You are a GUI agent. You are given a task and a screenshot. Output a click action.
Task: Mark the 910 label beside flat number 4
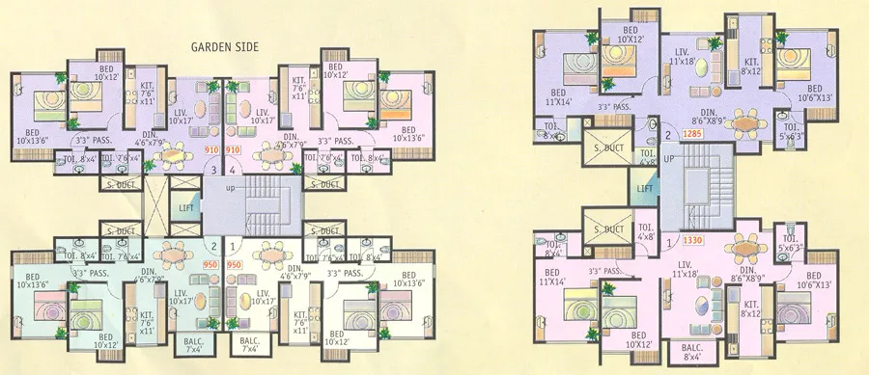(233, 151)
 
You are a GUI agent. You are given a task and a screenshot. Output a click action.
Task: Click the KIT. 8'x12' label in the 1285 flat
(751, 67)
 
